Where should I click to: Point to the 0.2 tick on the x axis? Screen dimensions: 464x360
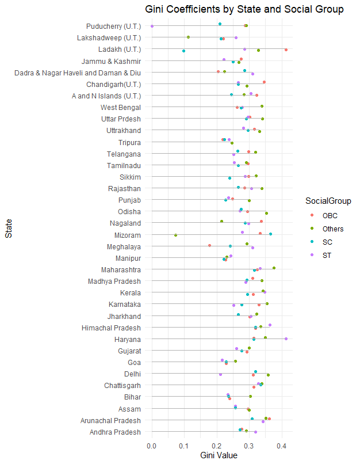(x=217, y=444)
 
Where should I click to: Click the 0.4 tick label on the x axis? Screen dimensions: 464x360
(x=282, y=444)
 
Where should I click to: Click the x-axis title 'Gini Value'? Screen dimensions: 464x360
(x=219, y=455)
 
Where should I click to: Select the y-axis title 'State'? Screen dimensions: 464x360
(x=8, y=233)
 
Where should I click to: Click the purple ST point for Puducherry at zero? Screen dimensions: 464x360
(x=152, y=26)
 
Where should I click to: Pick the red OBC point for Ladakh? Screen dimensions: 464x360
(x=286, y=50)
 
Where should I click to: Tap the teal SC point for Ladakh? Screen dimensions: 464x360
(x=183, y=51)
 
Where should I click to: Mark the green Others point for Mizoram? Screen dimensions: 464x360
(x=175, y=235)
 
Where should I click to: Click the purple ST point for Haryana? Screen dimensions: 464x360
(x=286, y=339)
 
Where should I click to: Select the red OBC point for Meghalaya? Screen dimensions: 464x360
(x=209, y=246)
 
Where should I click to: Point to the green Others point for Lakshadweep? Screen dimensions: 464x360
(x=188, y=37)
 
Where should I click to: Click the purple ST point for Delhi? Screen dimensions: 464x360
(x=220, y=375)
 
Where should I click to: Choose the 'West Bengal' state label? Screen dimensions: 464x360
(x=121, y=107)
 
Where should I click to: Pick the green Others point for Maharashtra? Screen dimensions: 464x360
(x=274, y=268)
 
